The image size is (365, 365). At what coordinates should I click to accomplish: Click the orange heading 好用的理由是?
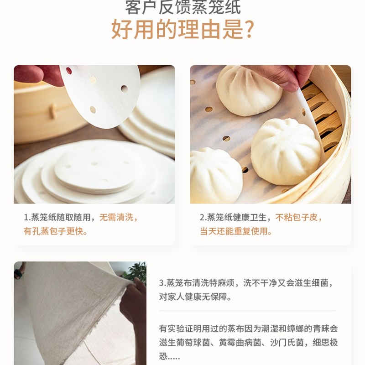click(x=182, y=29)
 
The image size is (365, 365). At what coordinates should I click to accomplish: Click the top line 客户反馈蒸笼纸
click(x=182, y=6)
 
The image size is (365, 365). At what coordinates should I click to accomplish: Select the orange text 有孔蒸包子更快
click(x=56, y=231)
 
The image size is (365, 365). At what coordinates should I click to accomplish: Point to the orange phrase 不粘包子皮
click(x=299, y=218)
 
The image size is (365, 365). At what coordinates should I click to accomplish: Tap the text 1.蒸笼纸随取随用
click(x=57, y=218)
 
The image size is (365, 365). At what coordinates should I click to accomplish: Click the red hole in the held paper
click(x=69, y=71)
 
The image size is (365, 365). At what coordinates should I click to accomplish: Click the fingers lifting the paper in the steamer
click(x=292, y=75)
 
